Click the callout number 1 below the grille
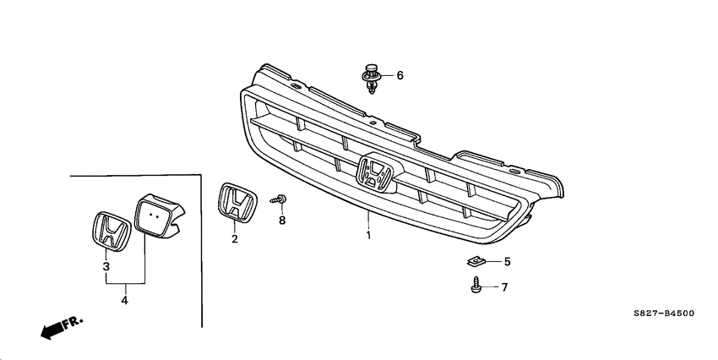tap(367, 234)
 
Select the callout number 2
tap(235, 239)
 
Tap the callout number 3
tap(106, 266)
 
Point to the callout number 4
tap(125, 299)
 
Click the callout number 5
tap(507, 261)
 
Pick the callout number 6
tap(400, 76)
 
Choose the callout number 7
tap(504, 287)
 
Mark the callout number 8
tap(282, 221)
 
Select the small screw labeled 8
tap(278, 199)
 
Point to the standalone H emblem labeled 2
tap(237, 205)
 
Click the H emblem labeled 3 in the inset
tap(108, 229)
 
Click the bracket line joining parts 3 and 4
tap(125, 283)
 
